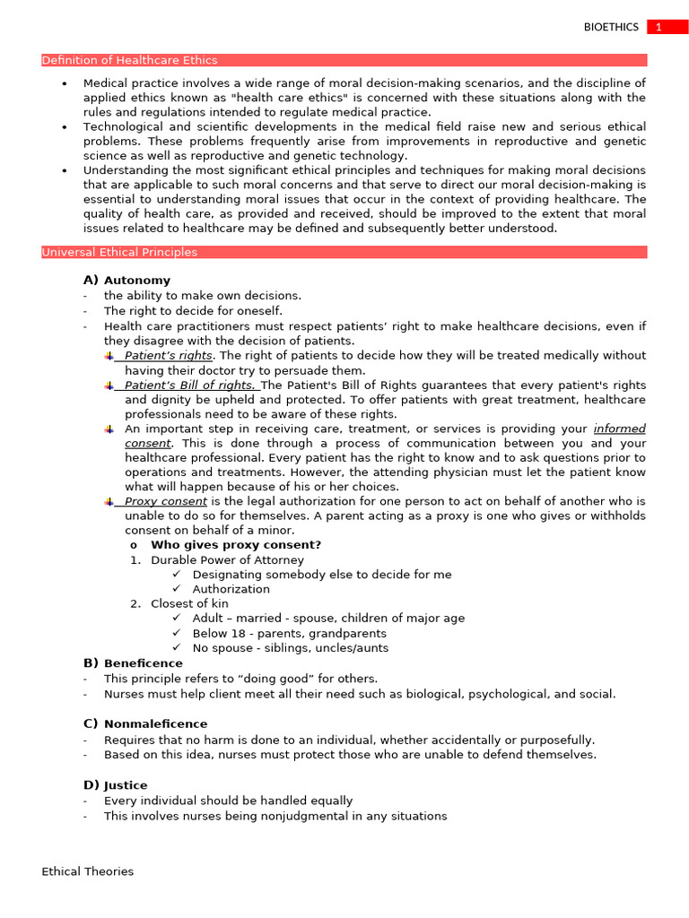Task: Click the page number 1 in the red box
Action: (x=658, y=27)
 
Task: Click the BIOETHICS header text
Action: (x=611, y=27)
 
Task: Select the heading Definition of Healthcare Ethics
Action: (x=129, y=60)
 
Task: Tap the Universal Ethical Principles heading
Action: (x=119, y=252)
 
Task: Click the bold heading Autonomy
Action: (x=136, y=281)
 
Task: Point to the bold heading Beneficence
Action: (x=143, y=663)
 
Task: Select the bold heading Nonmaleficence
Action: (x=155, y=723)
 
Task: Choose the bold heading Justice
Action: (x=126, y=785)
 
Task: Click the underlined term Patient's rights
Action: (x=169, y=356)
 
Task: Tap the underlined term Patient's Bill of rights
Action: (x=189, y=385)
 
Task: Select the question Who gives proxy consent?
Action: (x=236, y=545)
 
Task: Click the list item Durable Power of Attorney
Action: (x=227, y=560)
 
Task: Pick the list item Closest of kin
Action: (x=189, y=604)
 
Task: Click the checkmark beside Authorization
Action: (x=177, y=589)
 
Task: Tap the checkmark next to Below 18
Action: (x=177, y=633)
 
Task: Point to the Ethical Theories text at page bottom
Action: (x=87, y=871)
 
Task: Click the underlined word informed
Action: (x=619, y=429)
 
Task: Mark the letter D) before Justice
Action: (x=91, y=785)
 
